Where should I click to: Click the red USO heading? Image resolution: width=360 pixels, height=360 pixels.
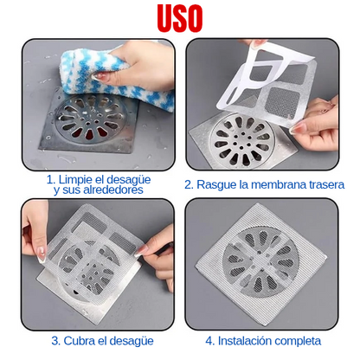[x=180, y=19]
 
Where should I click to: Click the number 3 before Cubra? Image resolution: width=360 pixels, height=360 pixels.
[x=55, y=341]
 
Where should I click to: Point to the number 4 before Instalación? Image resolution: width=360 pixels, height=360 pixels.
[x=209, y=341]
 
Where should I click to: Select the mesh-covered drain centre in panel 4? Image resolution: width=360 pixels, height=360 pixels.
[x=260, y=262]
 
